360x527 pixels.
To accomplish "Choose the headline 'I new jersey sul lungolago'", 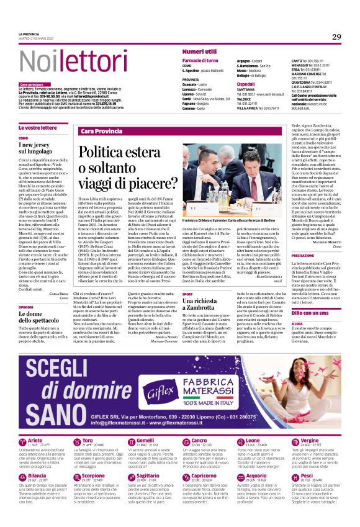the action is pyautogui.click(x=44, y=147).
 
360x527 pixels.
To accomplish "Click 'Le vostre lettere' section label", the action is pyautogui.click(x=38, y=127).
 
